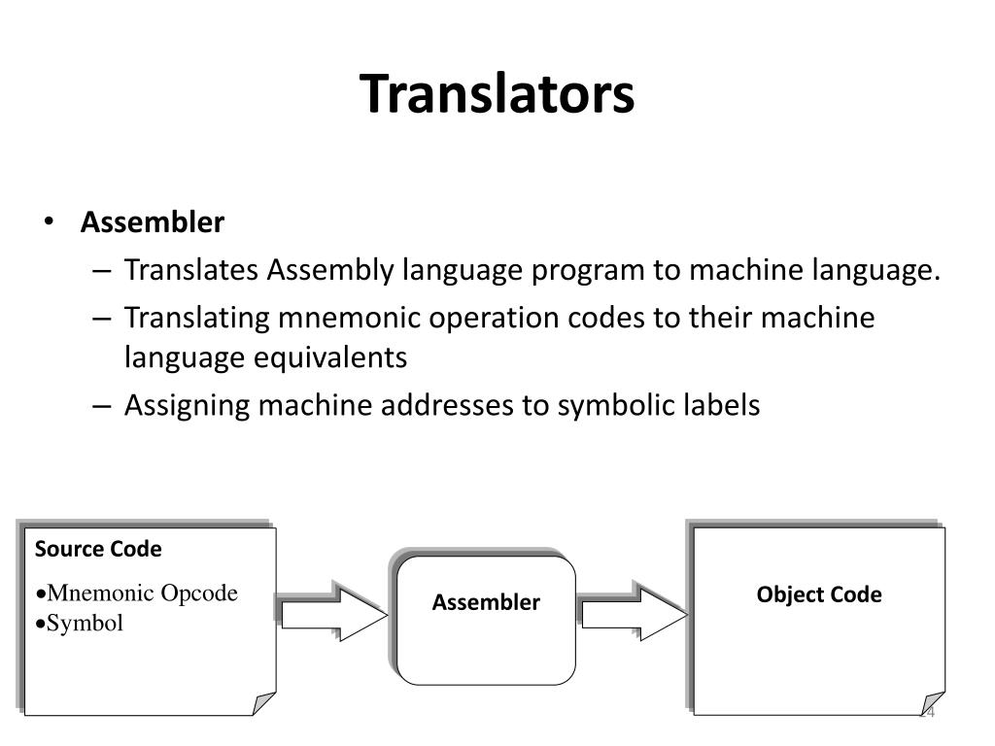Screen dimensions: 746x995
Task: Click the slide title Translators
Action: (497, 94)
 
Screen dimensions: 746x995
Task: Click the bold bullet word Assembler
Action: (153, 222)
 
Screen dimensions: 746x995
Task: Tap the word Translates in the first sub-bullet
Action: (192, 270)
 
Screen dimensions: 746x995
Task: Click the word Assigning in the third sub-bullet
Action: (189, 405)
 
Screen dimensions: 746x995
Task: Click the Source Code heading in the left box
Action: (98, 549)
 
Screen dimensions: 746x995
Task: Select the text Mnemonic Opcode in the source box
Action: (142, 593)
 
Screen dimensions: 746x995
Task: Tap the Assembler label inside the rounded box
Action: (486, 602)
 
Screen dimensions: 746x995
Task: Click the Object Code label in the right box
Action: (819, 594)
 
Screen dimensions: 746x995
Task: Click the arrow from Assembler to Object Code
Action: (634, 611)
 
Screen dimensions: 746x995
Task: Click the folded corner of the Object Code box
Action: (933, 704)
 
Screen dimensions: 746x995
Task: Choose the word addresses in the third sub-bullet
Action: (450, 405)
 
